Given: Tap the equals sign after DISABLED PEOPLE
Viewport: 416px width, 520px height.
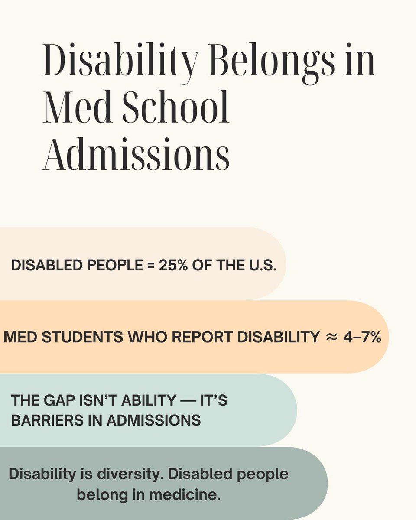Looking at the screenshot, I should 150,266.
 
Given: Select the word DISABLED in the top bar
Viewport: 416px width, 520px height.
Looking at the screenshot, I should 42,266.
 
